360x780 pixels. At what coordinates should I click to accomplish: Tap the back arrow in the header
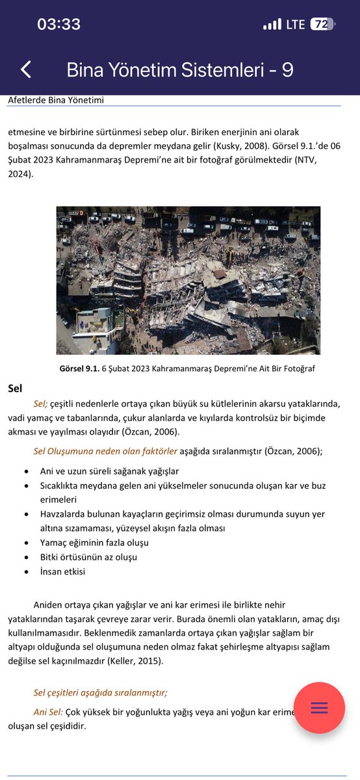(26, 70)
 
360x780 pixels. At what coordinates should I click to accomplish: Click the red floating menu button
(319, 708)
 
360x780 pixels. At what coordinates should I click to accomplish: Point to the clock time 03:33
(59, 25)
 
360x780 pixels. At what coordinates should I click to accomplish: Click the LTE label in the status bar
(295, 25)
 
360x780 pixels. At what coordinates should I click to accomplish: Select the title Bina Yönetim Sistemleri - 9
(180, 70)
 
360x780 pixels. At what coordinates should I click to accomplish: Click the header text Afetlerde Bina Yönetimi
(56, 100)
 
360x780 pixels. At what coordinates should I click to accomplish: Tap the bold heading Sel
(15, 389)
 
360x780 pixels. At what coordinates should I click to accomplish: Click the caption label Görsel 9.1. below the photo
(79, 369)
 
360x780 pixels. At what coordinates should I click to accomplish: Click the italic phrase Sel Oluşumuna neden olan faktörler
(105, 450)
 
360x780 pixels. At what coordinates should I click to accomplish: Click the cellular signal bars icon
(272, 25)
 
